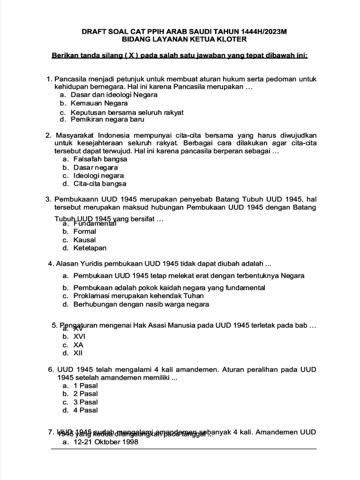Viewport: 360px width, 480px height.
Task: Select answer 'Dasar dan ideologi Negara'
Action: point(114,94)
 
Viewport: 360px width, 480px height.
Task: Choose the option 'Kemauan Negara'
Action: point(96,103)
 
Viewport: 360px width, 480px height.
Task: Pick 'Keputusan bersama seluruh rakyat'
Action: point(127,112)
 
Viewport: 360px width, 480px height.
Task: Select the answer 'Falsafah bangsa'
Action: point(100,159)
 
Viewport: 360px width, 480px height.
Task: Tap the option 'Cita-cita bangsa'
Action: point(100,184)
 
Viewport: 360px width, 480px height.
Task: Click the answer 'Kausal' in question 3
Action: point(84,240)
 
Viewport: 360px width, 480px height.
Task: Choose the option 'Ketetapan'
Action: point(90,248)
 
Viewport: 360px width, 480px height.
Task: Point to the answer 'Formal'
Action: point(84,232)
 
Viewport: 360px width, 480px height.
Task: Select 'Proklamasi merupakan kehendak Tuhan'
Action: point(138,296)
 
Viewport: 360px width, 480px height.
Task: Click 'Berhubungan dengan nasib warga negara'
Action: point(141,304)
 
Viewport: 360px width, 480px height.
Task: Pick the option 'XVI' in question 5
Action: point(79,337)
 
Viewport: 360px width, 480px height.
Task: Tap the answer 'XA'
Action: point(78,345)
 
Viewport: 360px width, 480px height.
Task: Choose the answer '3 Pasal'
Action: point(85,402)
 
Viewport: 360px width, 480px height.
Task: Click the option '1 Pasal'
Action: point(85,386)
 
